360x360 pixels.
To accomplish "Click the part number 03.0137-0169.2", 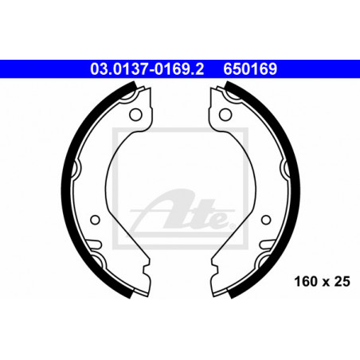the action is tap(147, 69).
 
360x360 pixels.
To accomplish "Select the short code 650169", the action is tap(250, 69).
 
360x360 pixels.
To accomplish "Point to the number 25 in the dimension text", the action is tap(342, 281).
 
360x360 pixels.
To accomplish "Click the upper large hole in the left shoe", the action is tap(135, 115).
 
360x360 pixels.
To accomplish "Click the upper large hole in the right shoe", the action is tap(225, 115).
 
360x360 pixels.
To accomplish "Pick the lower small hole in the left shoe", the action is tap(95, 220).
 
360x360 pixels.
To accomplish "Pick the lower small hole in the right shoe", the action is tap(266, 220).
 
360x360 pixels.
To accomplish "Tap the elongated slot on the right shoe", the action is tap(267, 244).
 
